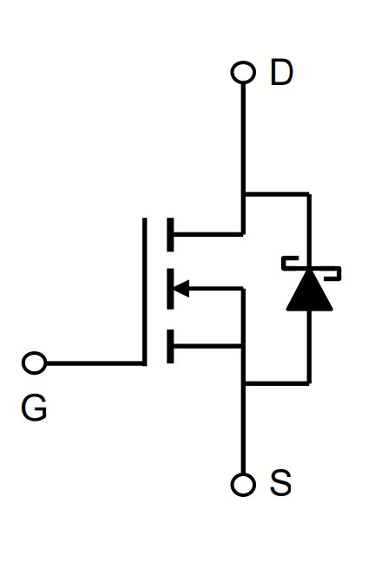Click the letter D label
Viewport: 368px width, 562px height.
tap(281, 72)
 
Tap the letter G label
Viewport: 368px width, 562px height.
tap(34, 408)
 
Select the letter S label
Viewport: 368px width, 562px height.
tap(281, 483)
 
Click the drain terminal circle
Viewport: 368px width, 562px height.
tap(243, 72)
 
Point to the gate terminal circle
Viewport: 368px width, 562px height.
tap(35, 363)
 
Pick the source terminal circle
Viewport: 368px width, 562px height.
tap(243, 485)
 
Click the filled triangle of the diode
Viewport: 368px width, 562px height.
tap(310, 291)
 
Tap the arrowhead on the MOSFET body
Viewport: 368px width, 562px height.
tap(181, 289)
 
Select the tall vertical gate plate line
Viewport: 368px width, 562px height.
tap(145, 291)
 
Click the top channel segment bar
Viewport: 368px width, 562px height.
tap(170, 234)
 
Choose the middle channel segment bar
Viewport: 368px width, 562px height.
tap(170, 289)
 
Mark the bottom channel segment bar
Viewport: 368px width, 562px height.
tap(170, 346)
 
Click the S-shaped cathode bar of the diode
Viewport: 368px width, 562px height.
tap(311, 268)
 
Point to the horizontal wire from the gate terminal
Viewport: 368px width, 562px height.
tap(95, 363)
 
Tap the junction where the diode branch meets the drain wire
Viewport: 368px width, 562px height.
tap(244, 194)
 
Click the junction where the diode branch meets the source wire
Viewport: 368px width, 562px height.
tap(244, 383)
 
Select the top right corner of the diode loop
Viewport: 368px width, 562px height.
tap(309, 194)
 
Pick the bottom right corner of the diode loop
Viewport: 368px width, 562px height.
tap(309, 383)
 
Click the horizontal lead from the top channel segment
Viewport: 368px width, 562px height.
tap(208, 234)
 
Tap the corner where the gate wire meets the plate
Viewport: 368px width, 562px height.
tap(145, 363)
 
